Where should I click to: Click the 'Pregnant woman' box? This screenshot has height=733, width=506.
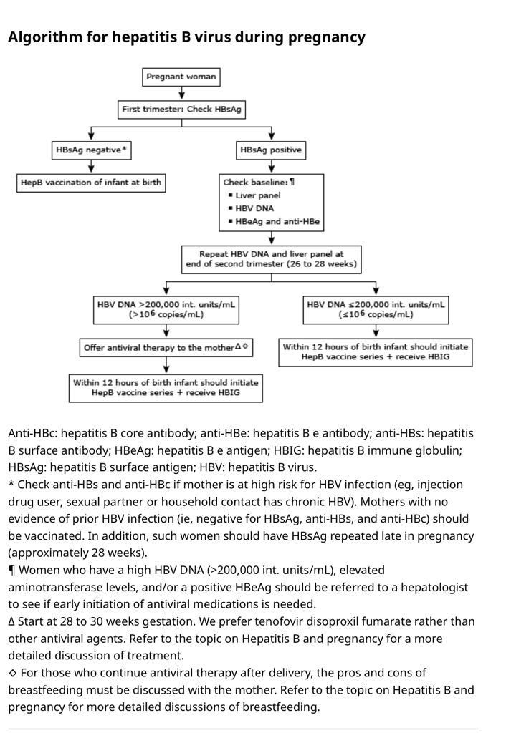click(x=181, y=77)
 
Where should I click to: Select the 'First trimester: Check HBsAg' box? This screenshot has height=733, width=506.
click(x=181, y=110)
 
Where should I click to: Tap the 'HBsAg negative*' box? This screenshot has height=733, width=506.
click(x=91, y=150)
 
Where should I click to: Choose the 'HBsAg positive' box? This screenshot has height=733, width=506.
click(x=271, y=150)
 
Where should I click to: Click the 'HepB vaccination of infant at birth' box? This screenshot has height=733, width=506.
click(x=91, y=183)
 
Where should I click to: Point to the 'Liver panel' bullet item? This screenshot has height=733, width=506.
click(x=257, y=195)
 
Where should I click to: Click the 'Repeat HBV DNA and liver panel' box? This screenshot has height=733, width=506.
click(x=271, y=259)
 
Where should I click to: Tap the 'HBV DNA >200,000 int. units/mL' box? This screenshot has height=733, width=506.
click(x=166, y=309)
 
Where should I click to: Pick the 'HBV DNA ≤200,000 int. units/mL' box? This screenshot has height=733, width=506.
click(x=376, y=309)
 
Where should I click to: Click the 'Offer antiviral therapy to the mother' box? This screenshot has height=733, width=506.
click(x=166, y=348)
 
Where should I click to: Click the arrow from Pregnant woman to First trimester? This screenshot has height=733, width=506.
click(x=181, y=93)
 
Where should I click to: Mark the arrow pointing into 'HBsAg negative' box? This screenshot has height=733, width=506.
click(x=91, y=134)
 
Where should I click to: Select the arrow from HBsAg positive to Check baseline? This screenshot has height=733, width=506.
click(x=271, y=167)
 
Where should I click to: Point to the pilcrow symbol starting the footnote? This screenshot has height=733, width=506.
click(x=12, y=571)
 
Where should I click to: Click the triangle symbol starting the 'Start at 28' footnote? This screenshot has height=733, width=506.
click(x=12, y=622)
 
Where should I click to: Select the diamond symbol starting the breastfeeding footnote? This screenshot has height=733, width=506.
click(x=12, y=674)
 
